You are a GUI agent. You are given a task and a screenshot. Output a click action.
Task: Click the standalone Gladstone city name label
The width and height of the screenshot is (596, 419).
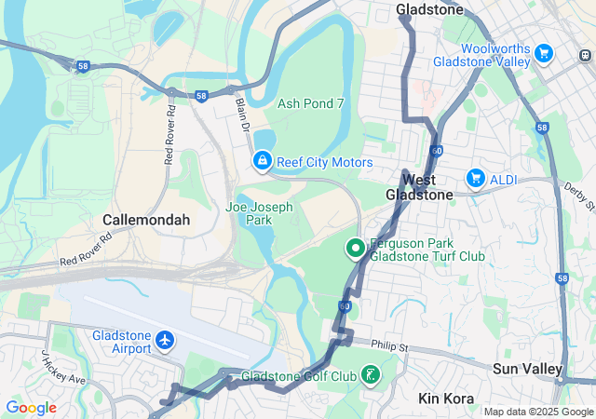[x=429, y=9]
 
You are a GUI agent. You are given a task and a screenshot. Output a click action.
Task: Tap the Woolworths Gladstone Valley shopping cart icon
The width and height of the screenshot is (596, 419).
[x=544, y=54]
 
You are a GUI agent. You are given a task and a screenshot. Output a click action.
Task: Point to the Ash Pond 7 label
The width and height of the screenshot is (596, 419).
[x=311, y=103]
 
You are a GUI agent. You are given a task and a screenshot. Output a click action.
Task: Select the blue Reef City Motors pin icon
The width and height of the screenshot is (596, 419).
[x=263, y=163]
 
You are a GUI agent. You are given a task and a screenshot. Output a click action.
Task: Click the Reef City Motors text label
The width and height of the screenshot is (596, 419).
[x=325, y=163]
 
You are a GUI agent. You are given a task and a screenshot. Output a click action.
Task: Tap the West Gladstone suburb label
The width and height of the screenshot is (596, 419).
[x=419, y=186]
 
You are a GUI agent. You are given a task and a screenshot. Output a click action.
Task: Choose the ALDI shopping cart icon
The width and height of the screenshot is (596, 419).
[x=475, y=177]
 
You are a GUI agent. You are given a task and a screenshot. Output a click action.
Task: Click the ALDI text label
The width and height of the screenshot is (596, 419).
[x=504, y=177]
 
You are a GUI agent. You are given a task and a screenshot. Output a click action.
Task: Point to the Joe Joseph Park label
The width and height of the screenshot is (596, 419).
[x=259, y=213]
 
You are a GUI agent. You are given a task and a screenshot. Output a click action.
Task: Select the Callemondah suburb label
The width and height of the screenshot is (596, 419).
[x=146, y=220]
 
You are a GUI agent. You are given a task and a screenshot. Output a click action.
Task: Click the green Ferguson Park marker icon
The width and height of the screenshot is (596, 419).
[x=355, y=248]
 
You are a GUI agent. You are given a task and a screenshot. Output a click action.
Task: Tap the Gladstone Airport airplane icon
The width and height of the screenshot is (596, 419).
[x=166, y=341]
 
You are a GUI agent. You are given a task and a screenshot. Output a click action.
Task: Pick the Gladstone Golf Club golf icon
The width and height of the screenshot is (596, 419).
[x=372, y=376]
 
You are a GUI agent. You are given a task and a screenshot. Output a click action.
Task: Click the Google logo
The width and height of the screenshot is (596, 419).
[x=31, y=407]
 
